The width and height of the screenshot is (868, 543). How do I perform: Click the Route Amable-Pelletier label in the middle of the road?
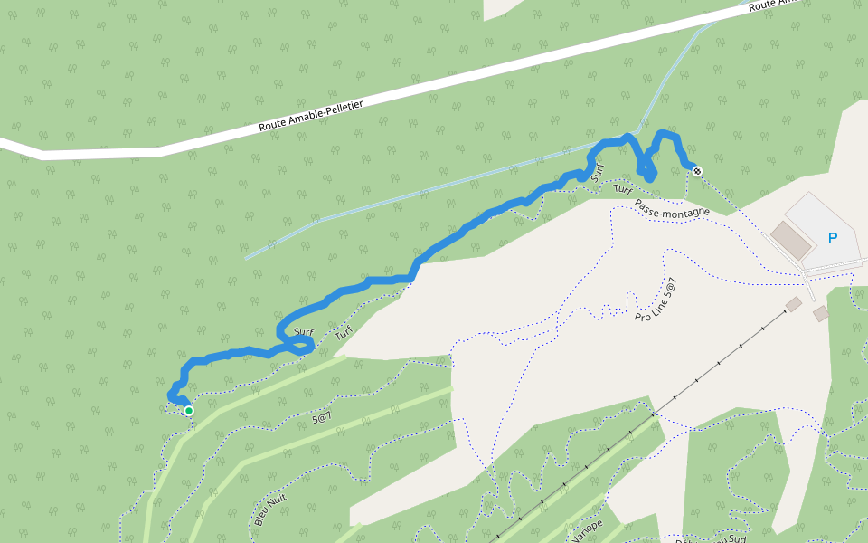point(310,116)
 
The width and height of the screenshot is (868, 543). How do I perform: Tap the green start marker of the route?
point(189,411)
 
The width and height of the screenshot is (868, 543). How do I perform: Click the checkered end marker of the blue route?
point(697,170)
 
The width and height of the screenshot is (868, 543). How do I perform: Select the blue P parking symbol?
point(833,238)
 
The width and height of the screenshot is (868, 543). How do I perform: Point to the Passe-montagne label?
point(672,209)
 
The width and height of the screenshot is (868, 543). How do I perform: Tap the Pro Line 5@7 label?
point(656,300)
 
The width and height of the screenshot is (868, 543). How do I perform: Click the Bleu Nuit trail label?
point(264,509)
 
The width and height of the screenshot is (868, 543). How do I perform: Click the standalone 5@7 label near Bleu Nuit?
point(322,418)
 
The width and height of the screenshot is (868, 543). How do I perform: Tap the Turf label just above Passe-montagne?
point(621,189)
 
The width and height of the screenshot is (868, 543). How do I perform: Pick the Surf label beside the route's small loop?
point(303,332)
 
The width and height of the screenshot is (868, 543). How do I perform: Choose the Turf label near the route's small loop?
point(343,334)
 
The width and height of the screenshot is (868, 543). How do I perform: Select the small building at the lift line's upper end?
point(793,305)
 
